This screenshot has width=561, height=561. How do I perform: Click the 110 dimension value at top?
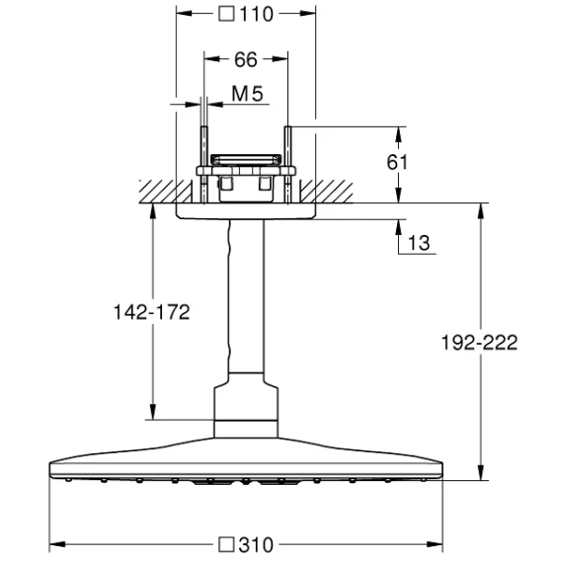(x=256, y=14)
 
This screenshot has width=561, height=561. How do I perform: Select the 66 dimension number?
(x=246, y=59)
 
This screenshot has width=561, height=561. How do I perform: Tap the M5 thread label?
(x=247, y=94)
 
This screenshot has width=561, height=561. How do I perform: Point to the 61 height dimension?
(x=397, y=162)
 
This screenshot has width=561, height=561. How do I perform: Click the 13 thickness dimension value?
(x=419, y=243)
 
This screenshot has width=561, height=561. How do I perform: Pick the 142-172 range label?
(x=152, y=312)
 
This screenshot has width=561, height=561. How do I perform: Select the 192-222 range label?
(x=479, y=343)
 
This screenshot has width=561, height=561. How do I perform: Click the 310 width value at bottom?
(x=256, y=545)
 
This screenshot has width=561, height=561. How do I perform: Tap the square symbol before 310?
(x=226, y=544)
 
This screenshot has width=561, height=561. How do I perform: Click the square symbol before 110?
(x=226, y=14)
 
